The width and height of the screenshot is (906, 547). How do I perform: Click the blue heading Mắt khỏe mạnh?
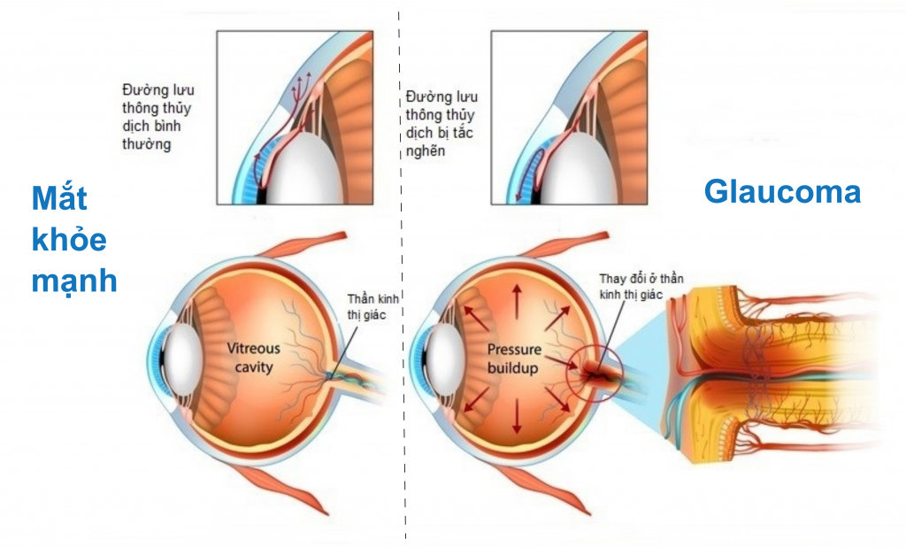[73, 240]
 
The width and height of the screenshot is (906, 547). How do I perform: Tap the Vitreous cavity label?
[255, 358]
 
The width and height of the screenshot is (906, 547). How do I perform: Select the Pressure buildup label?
[513, 358]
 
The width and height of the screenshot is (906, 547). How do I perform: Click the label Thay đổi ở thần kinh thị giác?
[641, 286]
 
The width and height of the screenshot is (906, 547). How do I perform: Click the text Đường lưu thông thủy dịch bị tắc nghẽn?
[441, 123]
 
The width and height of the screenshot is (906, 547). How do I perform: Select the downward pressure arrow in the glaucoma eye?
[516, 421]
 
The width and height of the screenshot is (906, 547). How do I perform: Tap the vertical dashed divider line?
[403, 266]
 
